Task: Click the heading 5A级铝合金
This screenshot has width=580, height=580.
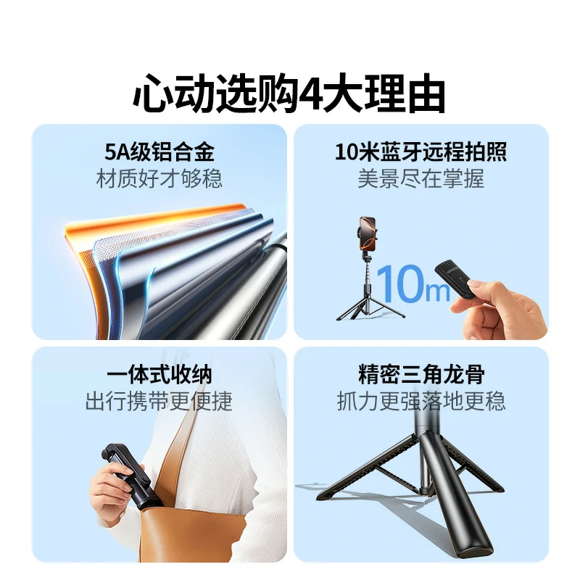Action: pyautogui.click(x=159, y=152)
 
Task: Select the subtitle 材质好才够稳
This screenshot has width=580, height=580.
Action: pyautogui.click(x=159, y=178)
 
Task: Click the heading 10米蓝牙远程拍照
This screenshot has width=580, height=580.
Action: pyautogui.click(x=420, y=152)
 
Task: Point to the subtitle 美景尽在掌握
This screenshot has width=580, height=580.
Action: pyautogui.click(x=420, y=178)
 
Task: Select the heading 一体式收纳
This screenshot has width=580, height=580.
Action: pyautogui.click(x=159, y=375)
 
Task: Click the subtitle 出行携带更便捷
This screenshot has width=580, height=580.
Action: pyautogui.click(x=159, y=401)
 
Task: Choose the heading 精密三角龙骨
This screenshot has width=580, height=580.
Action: pyautogui.click(x=420, y=375)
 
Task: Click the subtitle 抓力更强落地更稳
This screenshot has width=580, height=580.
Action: pyautogui.click(x=420, y=401)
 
